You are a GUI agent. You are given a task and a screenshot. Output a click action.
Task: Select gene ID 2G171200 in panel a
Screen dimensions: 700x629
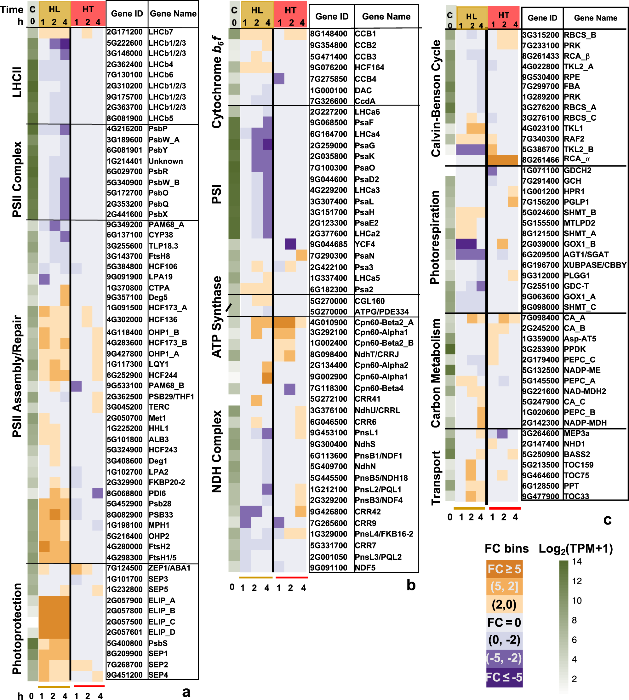[x=124, y=32]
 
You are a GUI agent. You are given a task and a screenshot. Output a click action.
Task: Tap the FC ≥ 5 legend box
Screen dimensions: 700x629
[x=504, y=569]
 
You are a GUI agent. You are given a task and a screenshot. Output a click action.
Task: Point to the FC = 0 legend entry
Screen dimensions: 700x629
[x=504, y=623]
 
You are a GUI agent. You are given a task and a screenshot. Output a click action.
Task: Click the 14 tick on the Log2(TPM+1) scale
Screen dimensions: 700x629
[x=576, y=561]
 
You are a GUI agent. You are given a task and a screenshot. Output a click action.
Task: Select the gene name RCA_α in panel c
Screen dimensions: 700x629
[x=577, y=159]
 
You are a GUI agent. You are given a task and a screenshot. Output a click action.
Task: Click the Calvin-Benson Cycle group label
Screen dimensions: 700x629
[x=436, y=98]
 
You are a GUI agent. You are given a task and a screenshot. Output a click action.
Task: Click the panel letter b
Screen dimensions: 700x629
[x=411, y=585]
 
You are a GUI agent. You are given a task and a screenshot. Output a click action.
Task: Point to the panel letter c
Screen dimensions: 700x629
[x=607, y=519]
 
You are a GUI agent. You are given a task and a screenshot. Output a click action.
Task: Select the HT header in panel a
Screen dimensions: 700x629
[x=88, y=9]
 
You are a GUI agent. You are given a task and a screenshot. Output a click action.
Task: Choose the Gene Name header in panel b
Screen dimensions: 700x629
[x=386, y=17]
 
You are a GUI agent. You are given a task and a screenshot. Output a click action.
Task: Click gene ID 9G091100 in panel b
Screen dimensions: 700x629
[x=328, y=568]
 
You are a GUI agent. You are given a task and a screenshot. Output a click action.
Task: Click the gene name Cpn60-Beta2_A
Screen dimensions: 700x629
[x=384, y=322]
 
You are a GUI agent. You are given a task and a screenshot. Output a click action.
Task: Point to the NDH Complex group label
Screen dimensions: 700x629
[x=217, y=451]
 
